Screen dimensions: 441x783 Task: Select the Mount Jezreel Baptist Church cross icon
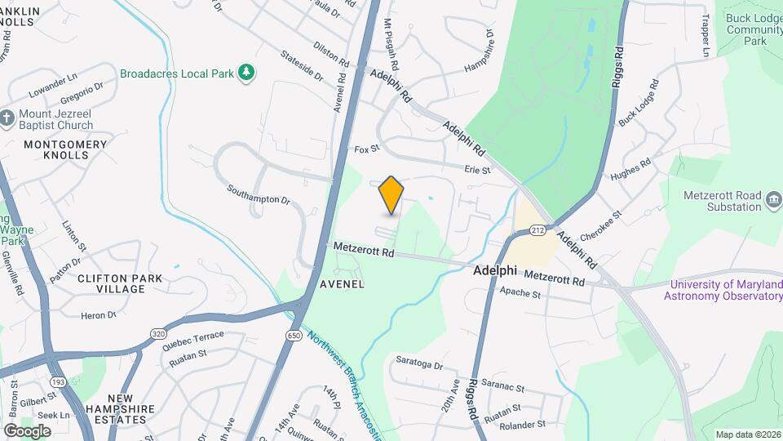pyautogui.click(x=7, y=119)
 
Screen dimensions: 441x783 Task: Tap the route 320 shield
pyautogui.click(x=160, y=333)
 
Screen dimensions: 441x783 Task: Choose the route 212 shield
pyautogui.click(x=537, y=231)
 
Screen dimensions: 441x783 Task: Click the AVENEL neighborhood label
pyautogui.click(x=341, y=283)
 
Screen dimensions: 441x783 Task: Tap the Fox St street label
pyautogui.click(x=367, y=149)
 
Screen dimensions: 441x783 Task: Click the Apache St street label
pyautogui.click(x=520, y=292)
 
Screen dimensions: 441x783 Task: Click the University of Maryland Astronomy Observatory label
pyautogui.click(x=724, y=290)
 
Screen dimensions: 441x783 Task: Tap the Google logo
pyautogui.click(x=27, y=430)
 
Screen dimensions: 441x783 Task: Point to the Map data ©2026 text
pyautogui.click(x=747, y=434)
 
